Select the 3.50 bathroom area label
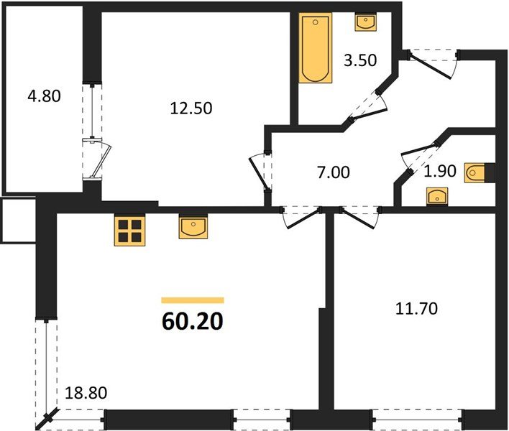point(360,60)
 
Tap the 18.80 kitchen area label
point(83,393)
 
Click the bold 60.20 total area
point(192,321)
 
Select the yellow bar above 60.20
point(192,300)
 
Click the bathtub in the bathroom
point(314,50)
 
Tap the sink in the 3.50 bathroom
point(365,23)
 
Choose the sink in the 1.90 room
point(436,195)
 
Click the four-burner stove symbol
point(129,231)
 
